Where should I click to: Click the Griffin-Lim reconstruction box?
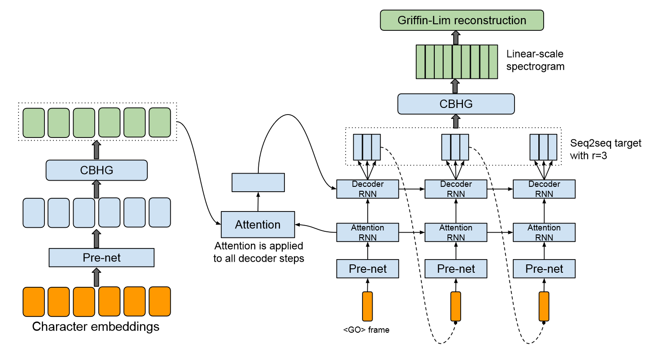click(462, 20)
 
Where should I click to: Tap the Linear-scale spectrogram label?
click(535, 60)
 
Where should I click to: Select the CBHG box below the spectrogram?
click(456, 104)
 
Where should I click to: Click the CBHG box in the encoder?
click(97, 170)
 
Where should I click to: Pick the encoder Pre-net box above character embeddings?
click(101, 257)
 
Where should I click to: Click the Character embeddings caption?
click(96, 327)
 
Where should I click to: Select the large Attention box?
click(258, 224)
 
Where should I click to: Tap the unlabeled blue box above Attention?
click(258, 182)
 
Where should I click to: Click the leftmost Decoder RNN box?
click(368, 189)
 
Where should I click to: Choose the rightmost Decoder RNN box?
click(544, 189)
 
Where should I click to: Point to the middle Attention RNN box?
click(456, 232)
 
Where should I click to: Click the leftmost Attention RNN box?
click(368, 232)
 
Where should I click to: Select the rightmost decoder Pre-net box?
click(544, 269)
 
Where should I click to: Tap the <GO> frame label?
click(366, 330)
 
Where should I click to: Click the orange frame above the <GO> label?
click(367, 306)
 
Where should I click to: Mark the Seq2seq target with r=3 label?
click(605, 149)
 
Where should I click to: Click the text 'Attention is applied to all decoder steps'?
click(259, 252)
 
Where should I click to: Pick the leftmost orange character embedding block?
click(34, 301)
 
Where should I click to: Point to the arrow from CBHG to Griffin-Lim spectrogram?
click(455, 86)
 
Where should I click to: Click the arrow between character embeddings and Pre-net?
click(97, 277)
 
